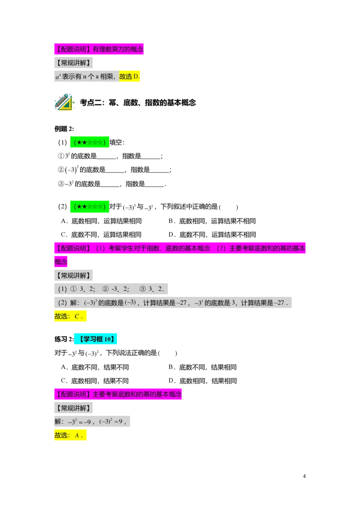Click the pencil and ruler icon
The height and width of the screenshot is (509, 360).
tap(63, 102)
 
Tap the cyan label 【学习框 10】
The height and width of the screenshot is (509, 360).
tap(96, 339)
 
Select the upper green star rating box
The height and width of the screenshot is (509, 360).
tap(90, 143)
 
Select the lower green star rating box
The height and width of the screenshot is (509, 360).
tap(90, 207)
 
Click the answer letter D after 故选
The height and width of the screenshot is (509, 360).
tap(137, 77)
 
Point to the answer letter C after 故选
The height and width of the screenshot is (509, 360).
tap(77, 317)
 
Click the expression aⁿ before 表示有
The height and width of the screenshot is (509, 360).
tap(58, 77)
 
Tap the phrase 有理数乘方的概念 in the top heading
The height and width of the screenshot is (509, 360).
tap(118, 49)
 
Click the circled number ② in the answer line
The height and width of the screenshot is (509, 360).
tap(106, 289)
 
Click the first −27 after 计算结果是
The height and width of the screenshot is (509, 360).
tap(182, 303)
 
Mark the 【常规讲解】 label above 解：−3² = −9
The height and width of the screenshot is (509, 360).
tap(74, 408)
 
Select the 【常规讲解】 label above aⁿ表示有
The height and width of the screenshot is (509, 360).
tap(74, 63)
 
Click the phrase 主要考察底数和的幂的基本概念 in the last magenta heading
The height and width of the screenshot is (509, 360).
tap(137, 395)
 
